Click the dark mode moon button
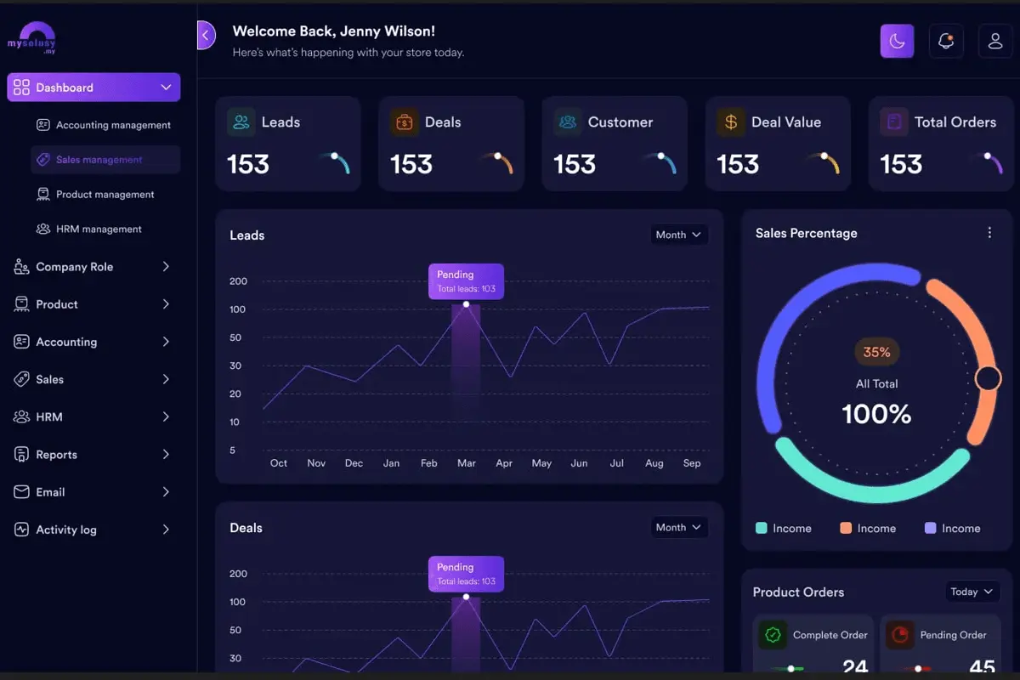tap(897, 41)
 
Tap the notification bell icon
tap(946, 41)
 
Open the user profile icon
tap(995, 41)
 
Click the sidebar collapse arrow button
tap(206, 35)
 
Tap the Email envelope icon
tap(21, 492)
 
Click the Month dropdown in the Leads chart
tap(678, 235)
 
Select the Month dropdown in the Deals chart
tap(678, 527)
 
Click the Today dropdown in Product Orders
tap(972, 592)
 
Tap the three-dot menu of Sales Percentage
tap(989, 233)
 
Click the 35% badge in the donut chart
tap(876, 352)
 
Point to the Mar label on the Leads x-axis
tap(467, 463)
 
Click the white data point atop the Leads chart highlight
tap(466, 303)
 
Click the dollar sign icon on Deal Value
tap(731, 122)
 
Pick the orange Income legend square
tap(846, 528)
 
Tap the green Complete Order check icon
tap(773, 634)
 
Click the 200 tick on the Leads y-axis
tap(238, 281)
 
